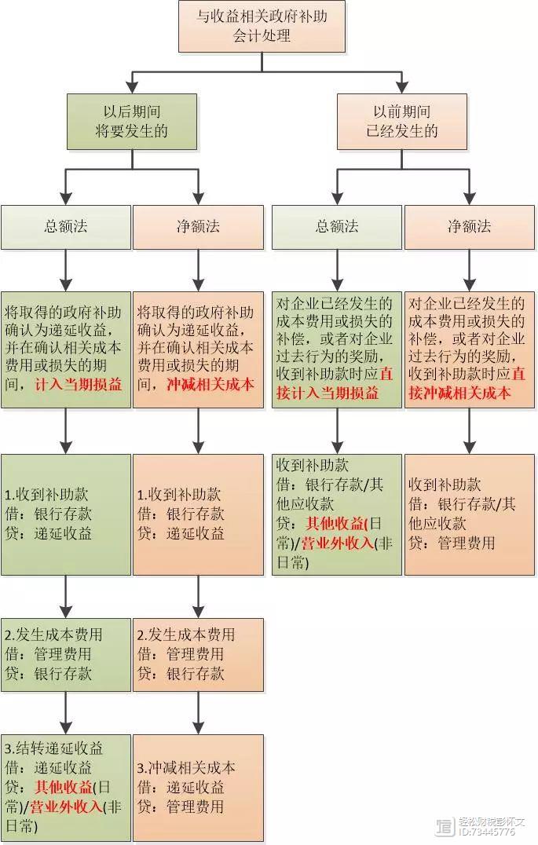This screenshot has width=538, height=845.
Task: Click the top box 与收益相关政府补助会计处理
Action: [262, 27]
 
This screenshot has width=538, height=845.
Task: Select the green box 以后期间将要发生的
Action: [132, 122]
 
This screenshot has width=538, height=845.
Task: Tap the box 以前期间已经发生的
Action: [401, 122]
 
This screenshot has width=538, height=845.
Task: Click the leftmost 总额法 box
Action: [66, 227]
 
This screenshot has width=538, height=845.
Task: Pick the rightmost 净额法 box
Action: [470, 227]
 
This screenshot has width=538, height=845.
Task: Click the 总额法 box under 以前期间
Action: [337, 227]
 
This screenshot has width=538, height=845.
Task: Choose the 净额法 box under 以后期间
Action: [199, 227]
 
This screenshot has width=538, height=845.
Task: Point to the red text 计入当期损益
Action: [79, 385]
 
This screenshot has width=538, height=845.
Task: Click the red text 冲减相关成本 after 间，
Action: [210, 385]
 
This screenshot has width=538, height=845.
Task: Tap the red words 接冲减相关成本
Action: [459, 393]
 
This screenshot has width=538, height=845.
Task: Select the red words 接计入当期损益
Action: [328, 393]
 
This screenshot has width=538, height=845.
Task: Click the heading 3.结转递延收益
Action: [53, 748]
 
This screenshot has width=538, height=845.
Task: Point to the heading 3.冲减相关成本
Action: [186, 768]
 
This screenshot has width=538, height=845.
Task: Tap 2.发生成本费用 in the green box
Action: [53, 635]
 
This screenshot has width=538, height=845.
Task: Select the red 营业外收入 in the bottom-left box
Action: [66, 807]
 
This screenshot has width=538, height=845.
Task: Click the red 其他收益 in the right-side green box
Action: [335, 523]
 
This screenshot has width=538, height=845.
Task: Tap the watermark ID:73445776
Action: [487, 832]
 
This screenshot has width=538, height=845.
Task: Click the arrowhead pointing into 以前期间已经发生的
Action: [401, 86]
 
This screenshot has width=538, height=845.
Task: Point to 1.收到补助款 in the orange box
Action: [179, 495]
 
